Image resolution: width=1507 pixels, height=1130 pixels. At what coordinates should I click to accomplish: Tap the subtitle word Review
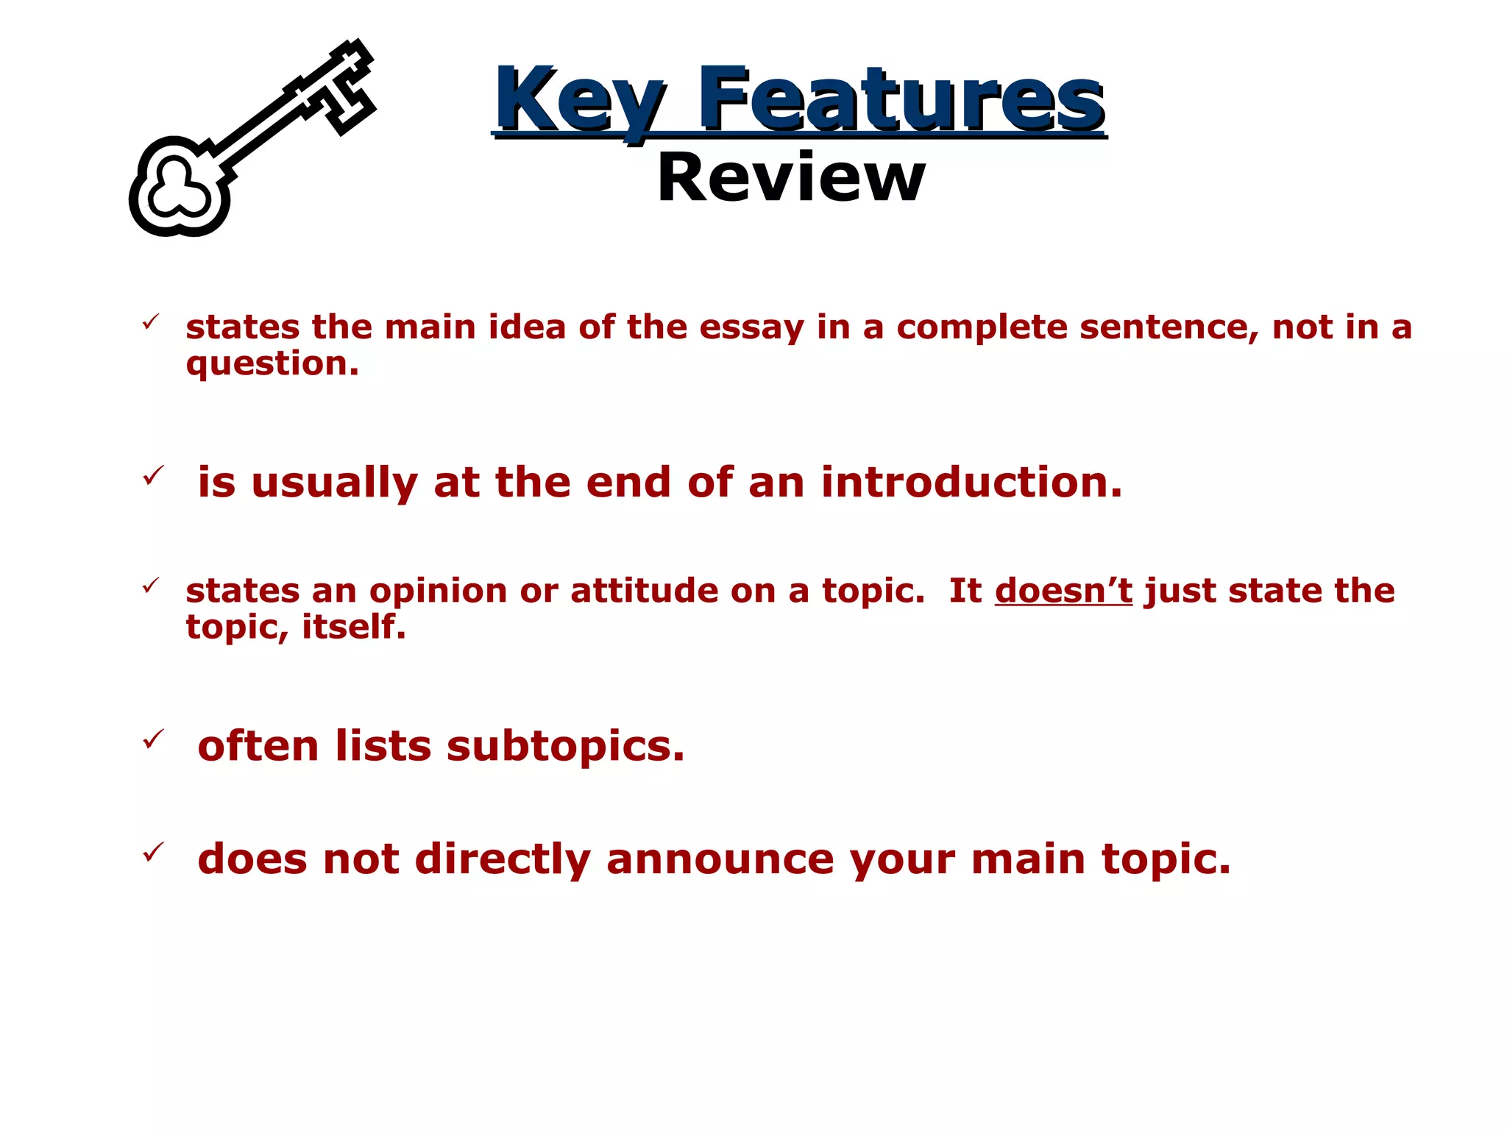(x=791, y=178)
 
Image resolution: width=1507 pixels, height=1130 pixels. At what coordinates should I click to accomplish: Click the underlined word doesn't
(x=1063, y=591)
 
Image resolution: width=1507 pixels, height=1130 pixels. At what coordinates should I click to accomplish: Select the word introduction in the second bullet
(x=971, y=483)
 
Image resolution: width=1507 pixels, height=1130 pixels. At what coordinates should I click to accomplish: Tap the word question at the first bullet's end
(x=272, y=363)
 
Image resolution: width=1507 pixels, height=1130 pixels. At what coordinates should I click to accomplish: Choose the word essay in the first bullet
(x=751, y=327)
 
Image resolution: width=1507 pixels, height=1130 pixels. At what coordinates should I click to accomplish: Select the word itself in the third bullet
(x=353, y=627)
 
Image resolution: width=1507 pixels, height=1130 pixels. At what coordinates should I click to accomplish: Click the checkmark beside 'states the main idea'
(x=151, y=321)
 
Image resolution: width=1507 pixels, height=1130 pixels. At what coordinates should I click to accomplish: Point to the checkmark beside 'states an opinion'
(x=151, y=586)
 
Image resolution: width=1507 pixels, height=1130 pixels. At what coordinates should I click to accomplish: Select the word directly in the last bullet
(x=503, y=859)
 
